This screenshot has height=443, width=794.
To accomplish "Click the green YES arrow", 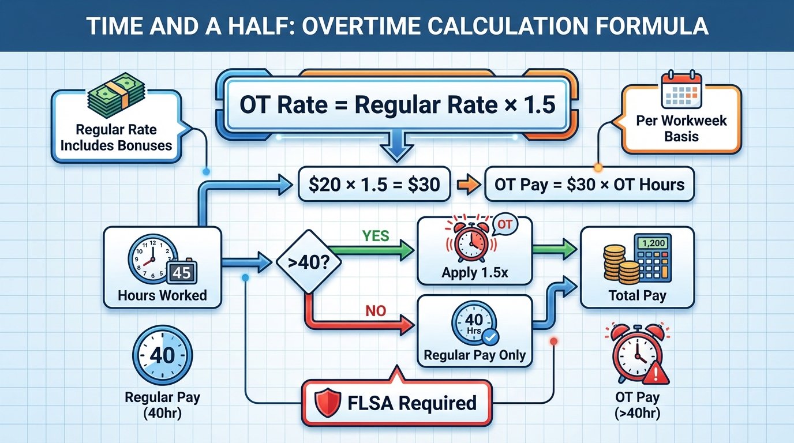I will pos(381,250).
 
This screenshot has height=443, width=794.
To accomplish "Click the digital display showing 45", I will pos(182,272).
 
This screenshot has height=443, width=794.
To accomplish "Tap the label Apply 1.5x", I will pos(475,272).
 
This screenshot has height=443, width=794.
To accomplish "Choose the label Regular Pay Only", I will pos(475,355).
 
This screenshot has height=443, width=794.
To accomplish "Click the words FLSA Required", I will pos(412,403).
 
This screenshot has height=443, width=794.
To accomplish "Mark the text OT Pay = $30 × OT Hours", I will pos(589,185).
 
